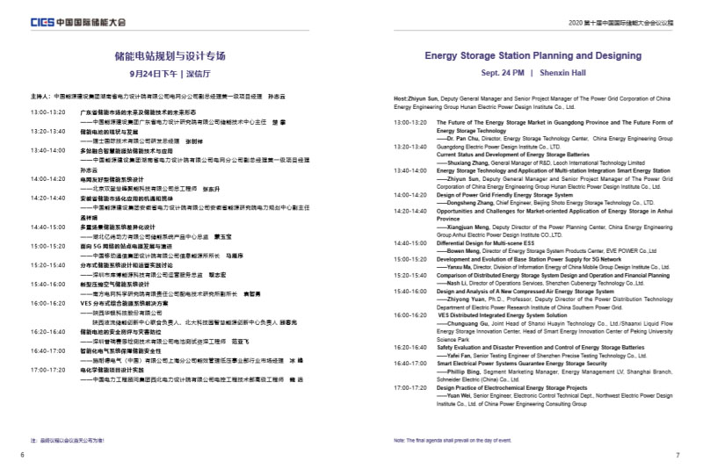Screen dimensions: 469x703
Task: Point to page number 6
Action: click(21, 455)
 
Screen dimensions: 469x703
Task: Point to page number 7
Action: click(678, 455)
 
